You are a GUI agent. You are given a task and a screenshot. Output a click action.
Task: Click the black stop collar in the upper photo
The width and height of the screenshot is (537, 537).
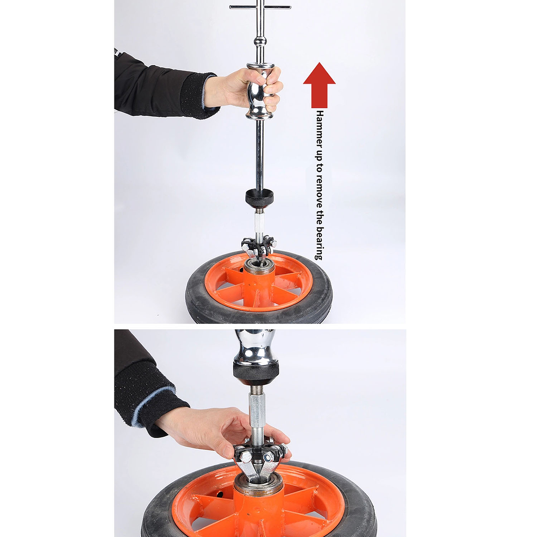[259, 197]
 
